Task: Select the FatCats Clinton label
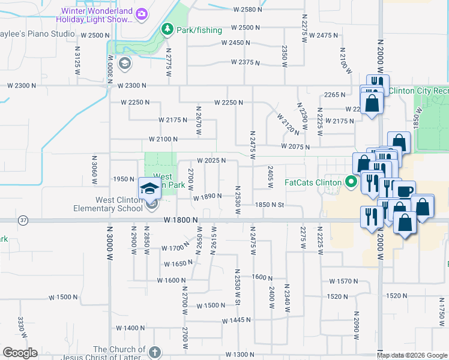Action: (x=313, y=182)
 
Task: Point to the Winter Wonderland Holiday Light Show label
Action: (x=96, y=15)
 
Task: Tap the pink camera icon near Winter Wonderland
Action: (x=142, y=13)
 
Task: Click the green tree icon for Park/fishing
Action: (x=167, y=29)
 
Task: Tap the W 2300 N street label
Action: (x=132, y=86)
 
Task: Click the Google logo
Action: (x=20, y=353)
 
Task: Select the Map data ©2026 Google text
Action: (x=412, y=355)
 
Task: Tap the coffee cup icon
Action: (x=406, y=191)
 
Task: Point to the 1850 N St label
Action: (x=269, y=205)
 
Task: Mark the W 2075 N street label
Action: (x=295, y=147)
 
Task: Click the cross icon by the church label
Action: (x=155, y=352)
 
